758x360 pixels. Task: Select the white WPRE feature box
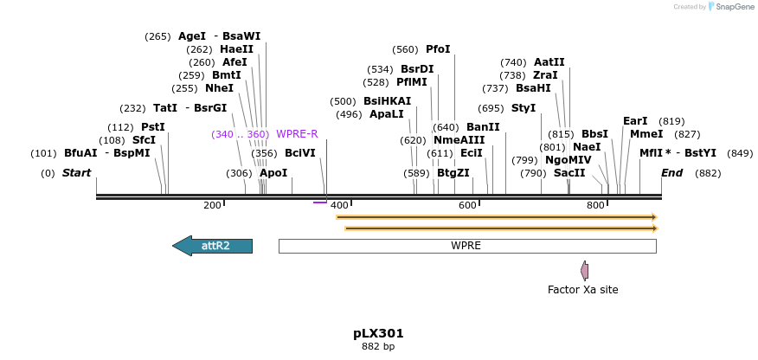coord(466,246)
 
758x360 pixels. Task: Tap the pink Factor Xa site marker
coord(585,271)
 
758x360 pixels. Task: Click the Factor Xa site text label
coord(582,290)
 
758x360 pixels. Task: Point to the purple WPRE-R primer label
coord(297,134)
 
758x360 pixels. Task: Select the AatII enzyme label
coord(549,62)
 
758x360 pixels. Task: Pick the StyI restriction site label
coord(524,108)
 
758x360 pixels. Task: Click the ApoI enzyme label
coord(273,173)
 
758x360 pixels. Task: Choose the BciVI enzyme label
coord(299,153)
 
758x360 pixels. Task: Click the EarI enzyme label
coord(635,121)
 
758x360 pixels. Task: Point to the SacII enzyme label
coord(569,173)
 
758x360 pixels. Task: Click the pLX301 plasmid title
coord(378,333)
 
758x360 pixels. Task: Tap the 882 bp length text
coord(378,347)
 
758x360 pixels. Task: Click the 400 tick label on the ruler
coord(339,205)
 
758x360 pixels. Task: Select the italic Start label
coord(76,173)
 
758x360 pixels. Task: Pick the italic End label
coord(672,173)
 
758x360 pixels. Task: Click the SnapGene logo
coord(731,7)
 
